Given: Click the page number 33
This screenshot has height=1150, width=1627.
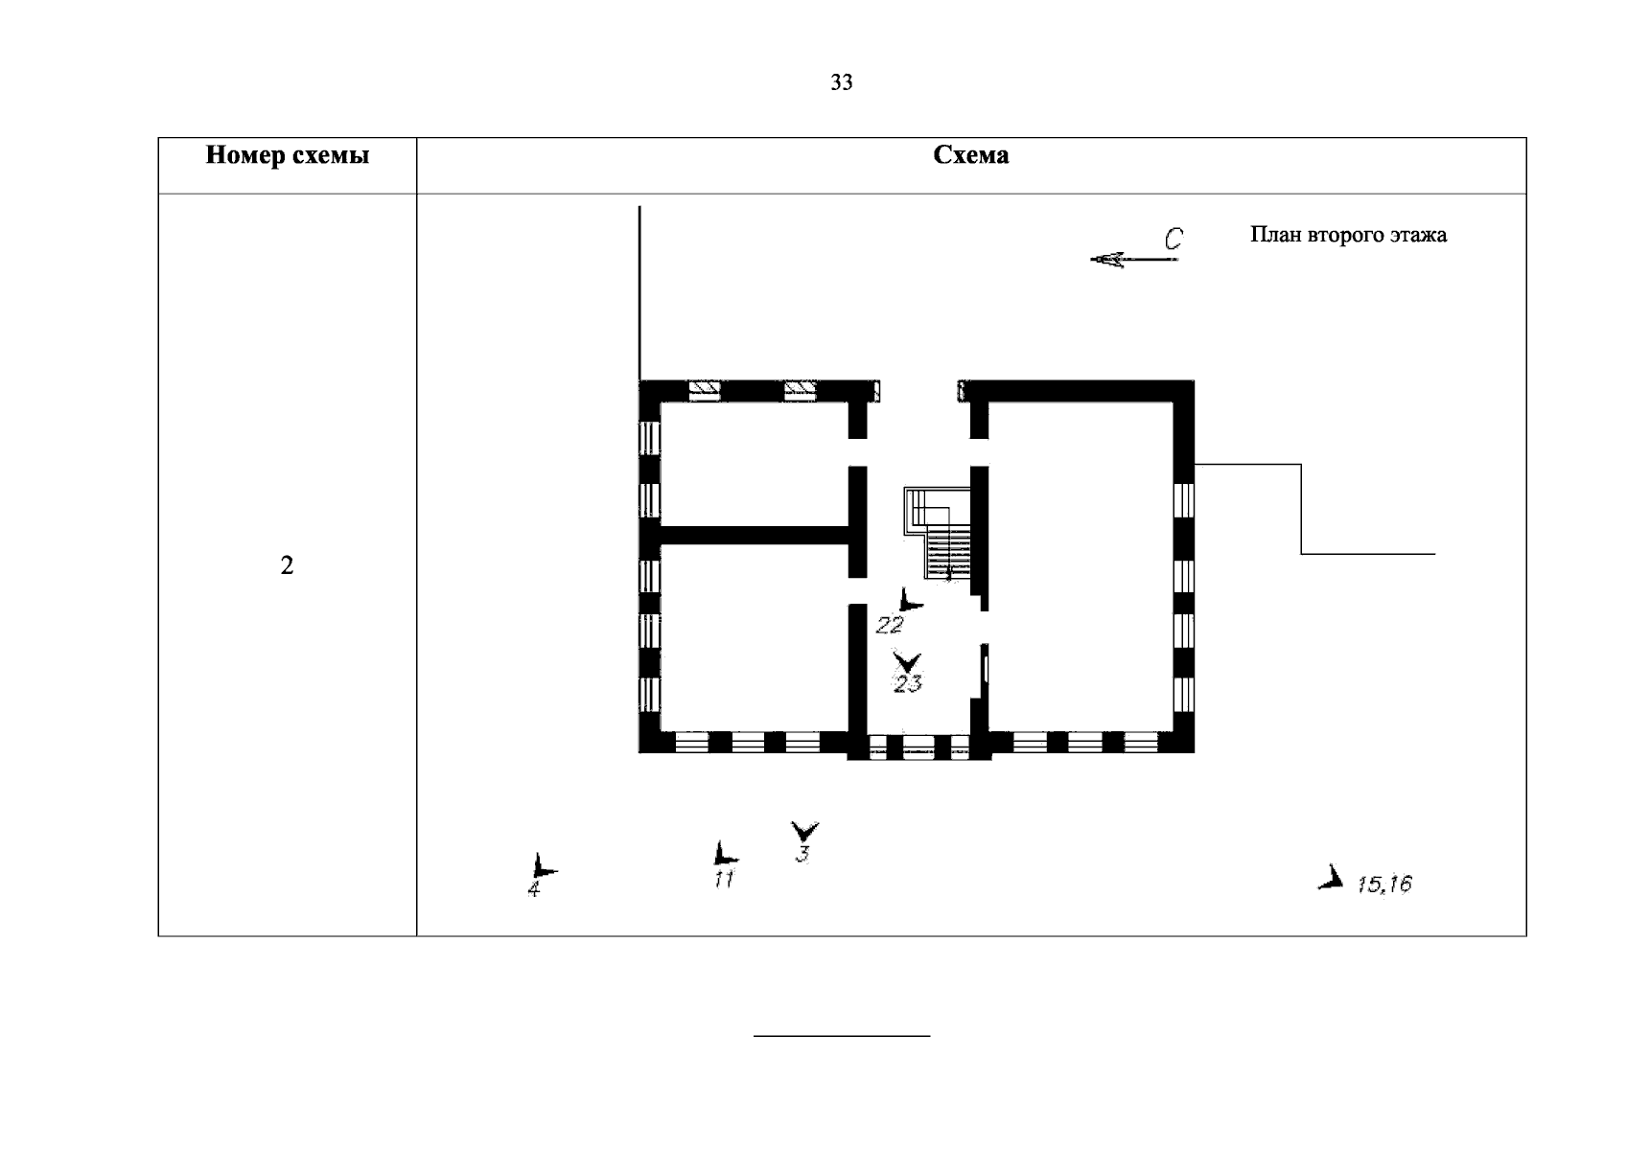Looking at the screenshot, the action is coord(841,82).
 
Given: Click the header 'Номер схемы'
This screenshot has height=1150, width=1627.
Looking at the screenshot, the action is coord(287,154).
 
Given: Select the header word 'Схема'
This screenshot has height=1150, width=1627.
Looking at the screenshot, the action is coord(970,154).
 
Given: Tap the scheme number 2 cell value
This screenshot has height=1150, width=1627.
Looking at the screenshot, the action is coord(287,564).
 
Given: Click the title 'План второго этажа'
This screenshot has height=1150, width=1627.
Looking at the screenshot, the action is coord(1348,235).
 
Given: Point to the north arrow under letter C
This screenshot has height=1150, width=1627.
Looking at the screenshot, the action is coord(1134,259).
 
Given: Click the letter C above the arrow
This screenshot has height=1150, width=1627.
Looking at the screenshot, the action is coord(1174,239).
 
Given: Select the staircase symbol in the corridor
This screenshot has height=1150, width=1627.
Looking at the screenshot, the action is coord(938,533).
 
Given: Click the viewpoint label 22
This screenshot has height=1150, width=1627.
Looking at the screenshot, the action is coord(890,625).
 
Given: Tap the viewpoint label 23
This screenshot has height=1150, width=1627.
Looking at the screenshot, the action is coord(908,683).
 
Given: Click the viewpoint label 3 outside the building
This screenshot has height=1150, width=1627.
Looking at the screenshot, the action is coord(802,854).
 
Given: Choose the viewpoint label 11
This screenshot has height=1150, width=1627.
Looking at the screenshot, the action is coord(724,879).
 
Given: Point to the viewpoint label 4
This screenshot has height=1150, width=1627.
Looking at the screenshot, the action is coord(534,889).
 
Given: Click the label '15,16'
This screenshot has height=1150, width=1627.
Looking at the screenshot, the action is coord(1384,884).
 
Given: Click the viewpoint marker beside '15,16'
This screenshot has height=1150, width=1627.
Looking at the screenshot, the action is coord(1333,879).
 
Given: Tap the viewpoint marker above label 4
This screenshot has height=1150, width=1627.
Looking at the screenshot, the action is coord(543,866).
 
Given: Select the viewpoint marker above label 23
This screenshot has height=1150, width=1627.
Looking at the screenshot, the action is coord(906,661).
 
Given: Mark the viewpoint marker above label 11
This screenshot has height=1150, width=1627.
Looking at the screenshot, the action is coord(724,855).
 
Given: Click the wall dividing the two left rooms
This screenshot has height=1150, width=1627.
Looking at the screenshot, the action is coord(755,535).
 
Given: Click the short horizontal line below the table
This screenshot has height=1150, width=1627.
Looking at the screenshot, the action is coord(842,1036).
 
